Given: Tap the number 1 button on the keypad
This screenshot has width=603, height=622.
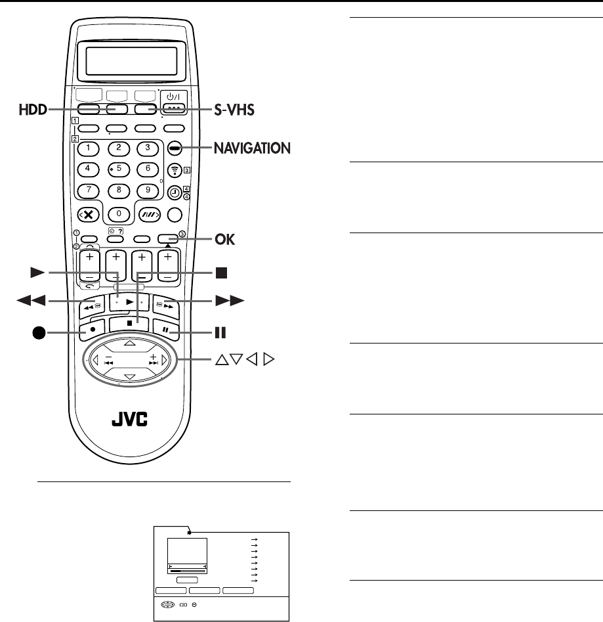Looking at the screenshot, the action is tap(88, 148).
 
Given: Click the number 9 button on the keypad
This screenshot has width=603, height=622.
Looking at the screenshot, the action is tap(148, 191).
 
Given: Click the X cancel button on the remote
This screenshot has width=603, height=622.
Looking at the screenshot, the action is tap(89, 214).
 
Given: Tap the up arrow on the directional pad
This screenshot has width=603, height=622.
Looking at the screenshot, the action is tap(129, 343).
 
